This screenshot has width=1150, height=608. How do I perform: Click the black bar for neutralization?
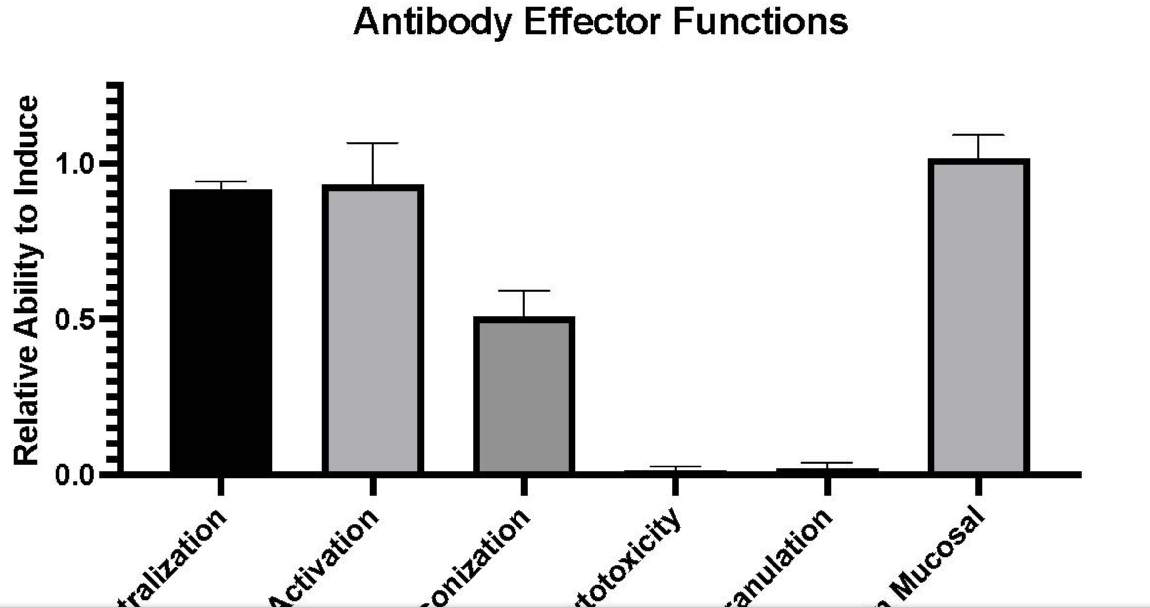[220, 332]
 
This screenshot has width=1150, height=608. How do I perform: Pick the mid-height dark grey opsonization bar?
[524, 395]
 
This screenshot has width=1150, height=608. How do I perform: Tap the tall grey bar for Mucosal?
[978, 317]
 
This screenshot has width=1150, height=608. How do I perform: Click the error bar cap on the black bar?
[220, 182]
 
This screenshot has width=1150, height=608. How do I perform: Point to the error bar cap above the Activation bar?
[373, 143]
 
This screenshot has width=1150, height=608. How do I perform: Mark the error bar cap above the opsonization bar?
[524, 291]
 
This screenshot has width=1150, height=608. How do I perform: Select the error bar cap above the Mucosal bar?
[978, 134]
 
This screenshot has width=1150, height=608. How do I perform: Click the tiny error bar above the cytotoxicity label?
[675, 467]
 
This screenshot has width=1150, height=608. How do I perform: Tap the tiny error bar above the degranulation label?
[827, 463]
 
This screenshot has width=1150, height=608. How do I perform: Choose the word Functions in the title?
[760, 21]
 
